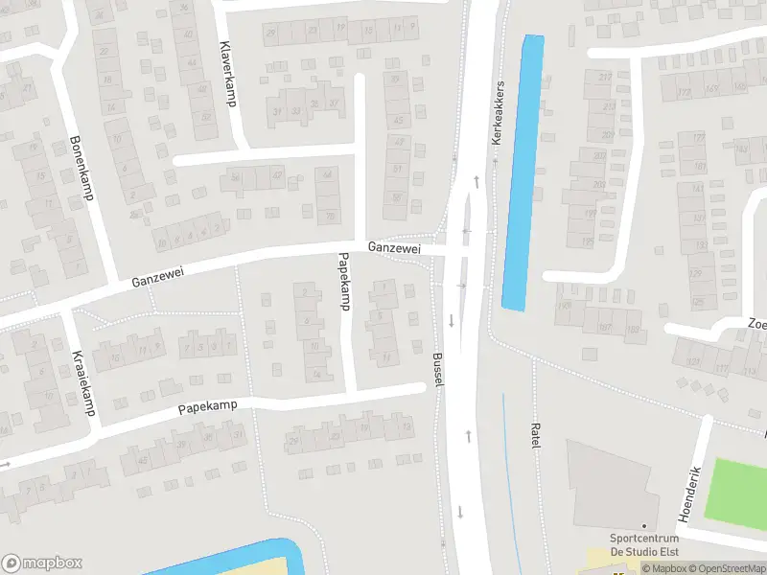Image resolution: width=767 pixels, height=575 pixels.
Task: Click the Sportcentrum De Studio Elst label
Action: [x=642, y=546]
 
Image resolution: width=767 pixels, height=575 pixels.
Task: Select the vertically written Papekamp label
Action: [x=342, y=282]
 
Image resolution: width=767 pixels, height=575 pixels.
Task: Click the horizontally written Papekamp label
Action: [x=207, y=408]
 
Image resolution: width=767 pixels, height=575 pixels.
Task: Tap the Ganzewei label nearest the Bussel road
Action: [x=393, y=247]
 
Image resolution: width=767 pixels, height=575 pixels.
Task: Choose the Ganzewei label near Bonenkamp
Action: [x=157, y=278]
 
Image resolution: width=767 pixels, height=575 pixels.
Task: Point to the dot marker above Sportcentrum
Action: [x=644, y=526]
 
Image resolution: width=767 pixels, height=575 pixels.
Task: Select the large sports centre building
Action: [x=609, y=484]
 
